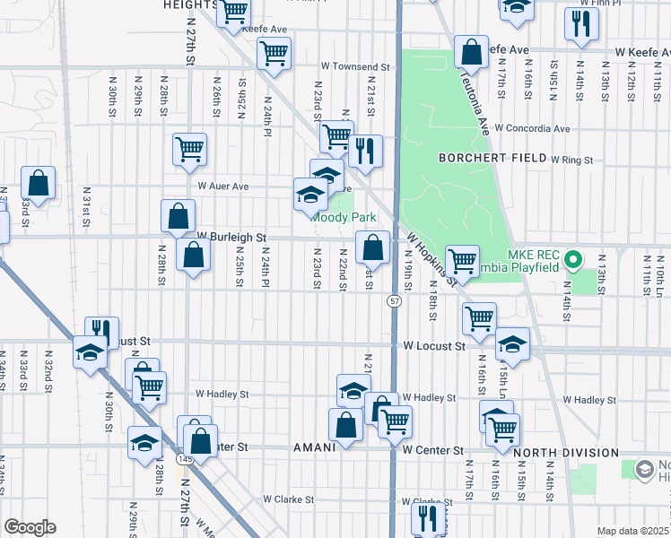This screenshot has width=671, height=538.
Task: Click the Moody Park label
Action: tap(344, 217)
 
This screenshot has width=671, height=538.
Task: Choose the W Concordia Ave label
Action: tap(531, 128)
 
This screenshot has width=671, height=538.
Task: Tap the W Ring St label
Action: tap(572, 160)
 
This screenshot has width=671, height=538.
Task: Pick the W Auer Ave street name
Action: tap(223, 187)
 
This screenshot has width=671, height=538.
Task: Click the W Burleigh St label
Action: tap(233, 237)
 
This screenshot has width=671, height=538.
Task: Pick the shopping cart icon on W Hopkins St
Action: tap(462, 262)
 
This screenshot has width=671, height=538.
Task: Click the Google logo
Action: tap(30, 527)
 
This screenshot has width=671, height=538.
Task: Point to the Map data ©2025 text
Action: tap(633, 531)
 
